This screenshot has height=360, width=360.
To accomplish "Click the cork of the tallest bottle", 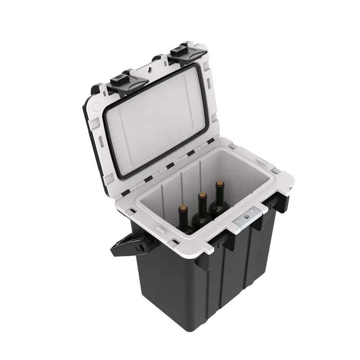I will coord(220,184).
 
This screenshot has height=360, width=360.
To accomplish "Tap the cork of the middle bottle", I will coord(202,196).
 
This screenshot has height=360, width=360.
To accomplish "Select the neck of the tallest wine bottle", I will coord(220,193).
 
